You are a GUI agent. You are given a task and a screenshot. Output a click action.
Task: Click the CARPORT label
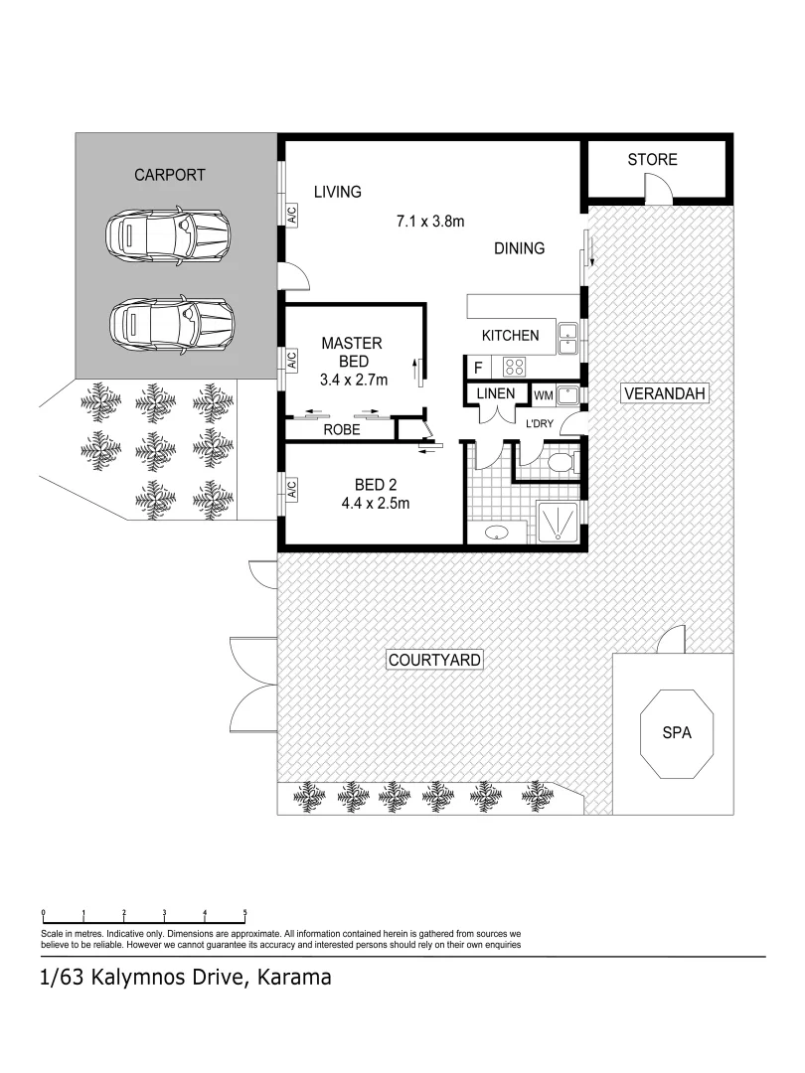click(x=170, y=175)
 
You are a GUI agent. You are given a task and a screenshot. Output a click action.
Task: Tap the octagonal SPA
click(x=676, y=733)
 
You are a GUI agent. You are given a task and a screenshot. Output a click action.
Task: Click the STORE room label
click(x=652, y=160)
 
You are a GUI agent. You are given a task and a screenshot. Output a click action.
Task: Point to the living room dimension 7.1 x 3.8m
click(x=429, y=222)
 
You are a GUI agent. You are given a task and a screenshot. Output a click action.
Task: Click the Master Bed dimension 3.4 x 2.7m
click(x=353, y=380)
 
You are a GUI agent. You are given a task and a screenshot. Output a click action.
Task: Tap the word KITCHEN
click(x=510, y=336)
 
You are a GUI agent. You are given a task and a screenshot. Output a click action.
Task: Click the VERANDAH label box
click(x=664, y=394)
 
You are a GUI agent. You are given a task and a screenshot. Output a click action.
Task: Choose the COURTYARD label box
click(x=434, y=660)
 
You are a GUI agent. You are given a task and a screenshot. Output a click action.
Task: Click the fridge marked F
click(x=478, y=368)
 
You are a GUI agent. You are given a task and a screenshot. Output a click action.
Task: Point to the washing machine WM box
click(x=543, y=395)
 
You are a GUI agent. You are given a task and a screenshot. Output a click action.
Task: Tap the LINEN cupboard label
click(x=496, y=393)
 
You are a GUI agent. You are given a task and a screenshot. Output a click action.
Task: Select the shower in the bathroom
click(x=559, y=520)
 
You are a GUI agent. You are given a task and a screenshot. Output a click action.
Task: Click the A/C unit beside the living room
click(x=292, y=213)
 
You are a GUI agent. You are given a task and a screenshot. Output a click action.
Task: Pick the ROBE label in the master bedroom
click(x=341, y=431)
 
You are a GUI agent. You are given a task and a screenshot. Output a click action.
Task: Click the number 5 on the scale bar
click(x=244, y=912)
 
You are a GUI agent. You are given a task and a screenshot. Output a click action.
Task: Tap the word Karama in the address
click(x=293, y=978)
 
